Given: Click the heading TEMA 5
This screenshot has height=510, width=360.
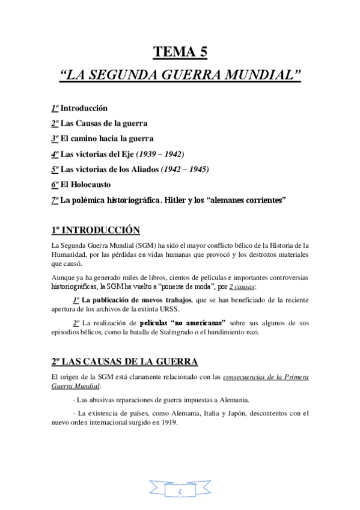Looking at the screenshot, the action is [180, 52].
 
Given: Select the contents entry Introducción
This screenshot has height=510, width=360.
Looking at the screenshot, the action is [84, 108].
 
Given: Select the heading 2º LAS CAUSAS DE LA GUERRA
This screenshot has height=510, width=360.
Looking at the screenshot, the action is [124, 362].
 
